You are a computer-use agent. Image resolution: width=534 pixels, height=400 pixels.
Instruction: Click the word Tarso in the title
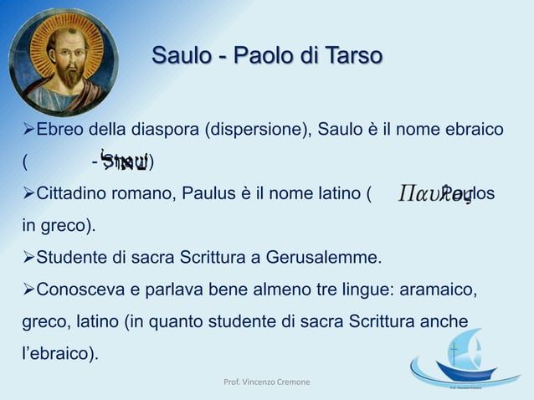353,57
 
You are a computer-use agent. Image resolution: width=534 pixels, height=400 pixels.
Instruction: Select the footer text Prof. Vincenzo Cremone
266,382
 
